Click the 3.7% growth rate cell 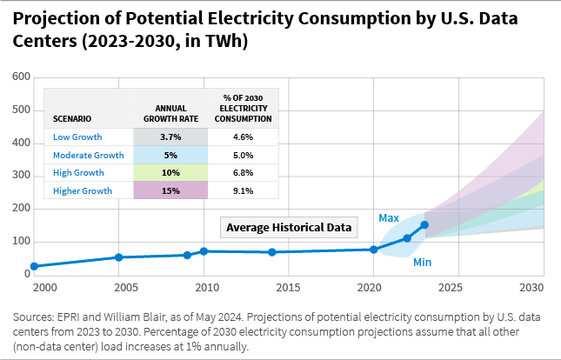coord(170,137)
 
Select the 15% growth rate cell coord(170,190)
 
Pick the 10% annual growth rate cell coord(170,172)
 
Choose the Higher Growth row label coord(82,190)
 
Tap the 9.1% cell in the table coord(244,190)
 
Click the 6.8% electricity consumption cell coord(244,172)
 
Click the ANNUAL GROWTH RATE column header coord(170,113)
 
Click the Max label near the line coord(388,217)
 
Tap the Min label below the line coord(423,262)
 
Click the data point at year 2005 coord(118,257)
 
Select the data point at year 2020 coord(374,250)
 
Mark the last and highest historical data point coord(424,224)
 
